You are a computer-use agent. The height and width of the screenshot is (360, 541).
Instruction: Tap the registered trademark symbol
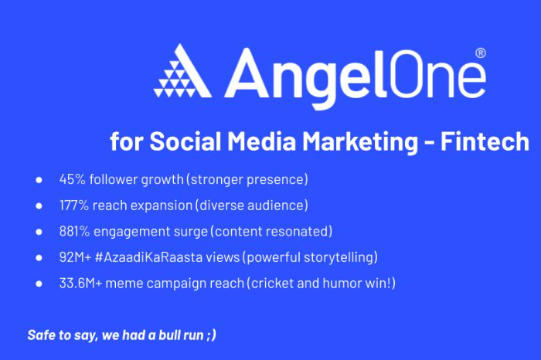point(481,53)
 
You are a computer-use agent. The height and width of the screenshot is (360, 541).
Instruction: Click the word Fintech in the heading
point(485,141)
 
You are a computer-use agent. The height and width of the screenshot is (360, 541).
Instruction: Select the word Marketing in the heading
point(360,142)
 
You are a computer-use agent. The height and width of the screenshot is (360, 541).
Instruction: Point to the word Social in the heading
point(185,141)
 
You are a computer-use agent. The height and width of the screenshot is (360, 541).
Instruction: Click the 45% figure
point(72,179)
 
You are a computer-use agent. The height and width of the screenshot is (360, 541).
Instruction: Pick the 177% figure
point(74,205)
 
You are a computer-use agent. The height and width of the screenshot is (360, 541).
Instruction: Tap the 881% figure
point(74,232)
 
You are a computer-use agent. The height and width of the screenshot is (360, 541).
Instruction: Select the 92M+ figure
point(75,257)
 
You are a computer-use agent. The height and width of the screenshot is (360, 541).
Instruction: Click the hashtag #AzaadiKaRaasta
point(148,257)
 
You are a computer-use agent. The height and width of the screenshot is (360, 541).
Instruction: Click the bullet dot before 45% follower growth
point(39,180)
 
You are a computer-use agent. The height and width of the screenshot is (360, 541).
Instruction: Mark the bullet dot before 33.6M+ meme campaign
point(39,284)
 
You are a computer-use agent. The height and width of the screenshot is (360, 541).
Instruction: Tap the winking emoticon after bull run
point(212,335)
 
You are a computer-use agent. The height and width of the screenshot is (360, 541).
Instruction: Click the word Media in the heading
point(262,141)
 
